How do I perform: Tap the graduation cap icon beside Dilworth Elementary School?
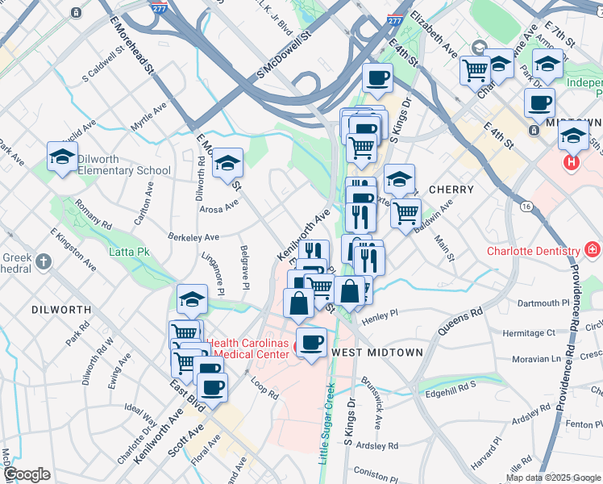(x=62, y=157)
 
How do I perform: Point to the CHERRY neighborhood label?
(x=451, y=189)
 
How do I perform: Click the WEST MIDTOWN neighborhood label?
(x=377, y=353)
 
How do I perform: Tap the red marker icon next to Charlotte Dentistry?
(x=593, y=250)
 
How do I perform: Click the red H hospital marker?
(x=572, y=162)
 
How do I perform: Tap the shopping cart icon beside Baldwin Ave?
(x=405, y=212)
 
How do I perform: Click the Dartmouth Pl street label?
(x=543, y=303)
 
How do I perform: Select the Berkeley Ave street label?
(x=193, y=238)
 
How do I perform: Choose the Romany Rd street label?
(x=90, y=213)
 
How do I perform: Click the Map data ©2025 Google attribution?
(x=553, y=477)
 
